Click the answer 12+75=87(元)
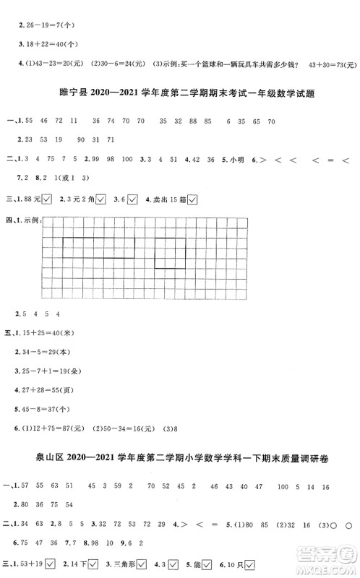(x=65, y=427)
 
